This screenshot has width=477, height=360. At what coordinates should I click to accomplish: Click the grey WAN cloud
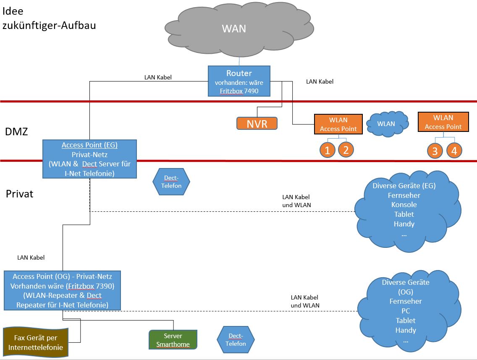[234, 29]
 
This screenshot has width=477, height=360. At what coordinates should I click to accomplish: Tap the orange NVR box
[257, 124]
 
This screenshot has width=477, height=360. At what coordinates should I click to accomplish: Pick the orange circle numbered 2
[346, 150]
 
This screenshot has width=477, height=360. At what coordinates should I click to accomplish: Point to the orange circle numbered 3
[435, 151]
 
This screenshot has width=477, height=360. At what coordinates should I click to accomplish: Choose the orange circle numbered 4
[454, 150]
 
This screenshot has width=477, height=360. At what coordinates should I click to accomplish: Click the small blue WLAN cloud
[386, 124]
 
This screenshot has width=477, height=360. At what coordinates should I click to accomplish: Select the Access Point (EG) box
[89, 159]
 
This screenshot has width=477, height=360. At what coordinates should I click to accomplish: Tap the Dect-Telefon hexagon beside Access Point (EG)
[171, 182]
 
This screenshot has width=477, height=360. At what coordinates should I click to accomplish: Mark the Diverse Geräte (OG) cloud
[406, 311]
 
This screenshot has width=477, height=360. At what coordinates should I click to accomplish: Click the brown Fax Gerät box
[35, 342]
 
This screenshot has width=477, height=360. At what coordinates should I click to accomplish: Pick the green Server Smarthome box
[173, 340]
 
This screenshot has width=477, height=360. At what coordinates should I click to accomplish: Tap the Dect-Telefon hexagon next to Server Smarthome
[236, 339]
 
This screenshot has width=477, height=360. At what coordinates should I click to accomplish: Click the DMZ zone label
[16, 131]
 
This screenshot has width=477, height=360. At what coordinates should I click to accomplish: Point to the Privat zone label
[19, 194]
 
